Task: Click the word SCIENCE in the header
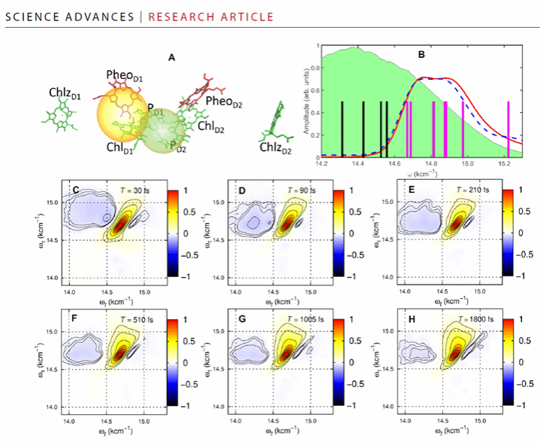32,16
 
